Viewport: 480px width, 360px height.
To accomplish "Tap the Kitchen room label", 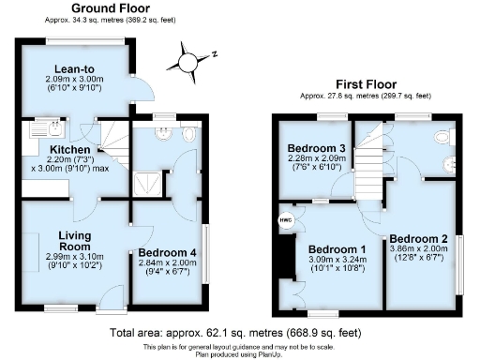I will click(71, 149).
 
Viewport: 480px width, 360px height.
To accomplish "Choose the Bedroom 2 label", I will click(418, 238).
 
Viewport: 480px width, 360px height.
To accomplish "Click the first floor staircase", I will click(375, 155).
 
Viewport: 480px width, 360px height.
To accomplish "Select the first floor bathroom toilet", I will click(443, 138).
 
